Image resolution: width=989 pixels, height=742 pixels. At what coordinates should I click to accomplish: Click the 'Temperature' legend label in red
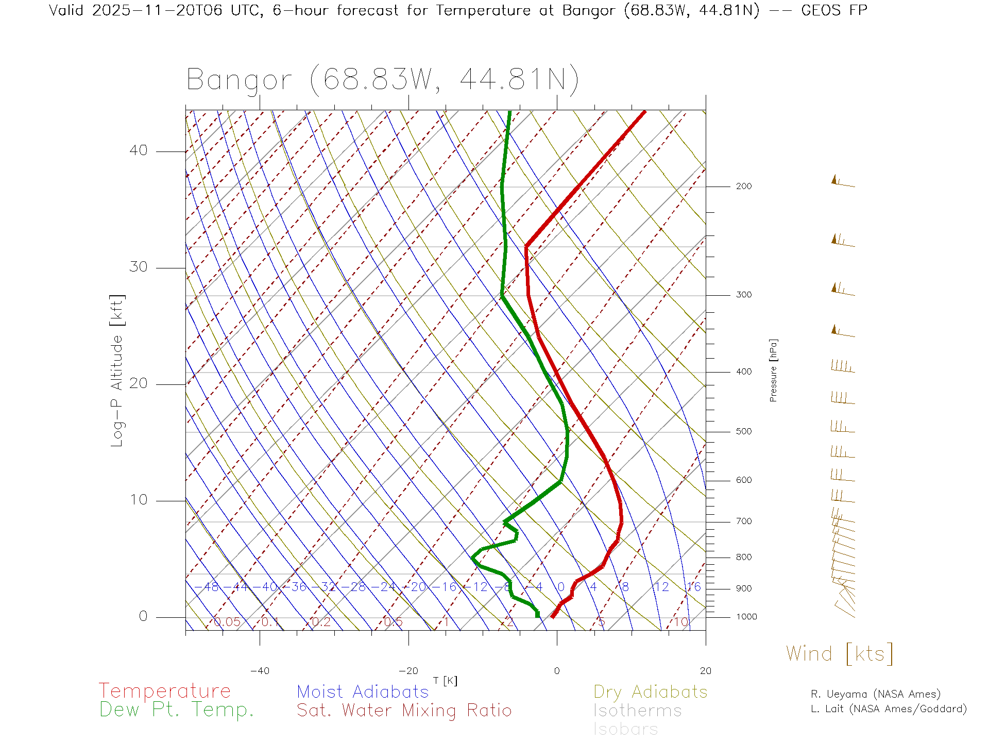coord(164,690)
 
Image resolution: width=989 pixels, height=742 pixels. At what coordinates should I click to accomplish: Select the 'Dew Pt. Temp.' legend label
coord(177,710)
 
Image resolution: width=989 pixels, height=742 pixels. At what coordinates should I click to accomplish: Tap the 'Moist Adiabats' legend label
coord(363,692)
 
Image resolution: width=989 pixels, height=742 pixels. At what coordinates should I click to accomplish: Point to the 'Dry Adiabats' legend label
coord(650,692)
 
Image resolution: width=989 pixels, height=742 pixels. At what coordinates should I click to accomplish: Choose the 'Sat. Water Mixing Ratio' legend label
coord(404,711)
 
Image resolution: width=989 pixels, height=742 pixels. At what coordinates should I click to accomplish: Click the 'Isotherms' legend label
coord(637,711)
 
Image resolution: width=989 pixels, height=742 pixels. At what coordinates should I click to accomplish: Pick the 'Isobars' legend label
coord(625,729)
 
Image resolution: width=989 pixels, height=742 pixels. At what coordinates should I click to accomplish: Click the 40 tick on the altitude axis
coord(138,150)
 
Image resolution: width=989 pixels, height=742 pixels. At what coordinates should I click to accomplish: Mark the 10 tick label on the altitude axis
coord(138,500)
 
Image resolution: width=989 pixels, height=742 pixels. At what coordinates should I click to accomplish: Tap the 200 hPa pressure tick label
coord(743,187)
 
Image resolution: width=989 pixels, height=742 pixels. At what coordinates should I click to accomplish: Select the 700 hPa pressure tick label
coord(743,521)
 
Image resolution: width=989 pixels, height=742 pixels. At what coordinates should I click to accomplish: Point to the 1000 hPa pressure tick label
coord(746,617)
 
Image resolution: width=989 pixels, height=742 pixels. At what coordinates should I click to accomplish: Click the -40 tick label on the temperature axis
coord(260,671)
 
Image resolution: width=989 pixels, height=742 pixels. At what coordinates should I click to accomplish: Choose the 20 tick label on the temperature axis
coord(705,671)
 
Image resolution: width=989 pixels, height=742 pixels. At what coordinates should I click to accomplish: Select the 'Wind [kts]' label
coord(839,654)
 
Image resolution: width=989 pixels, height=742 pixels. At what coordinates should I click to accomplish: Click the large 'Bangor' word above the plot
coord(239,80)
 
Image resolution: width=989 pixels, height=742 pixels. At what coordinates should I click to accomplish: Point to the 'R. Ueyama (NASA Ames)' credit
coord(875,694)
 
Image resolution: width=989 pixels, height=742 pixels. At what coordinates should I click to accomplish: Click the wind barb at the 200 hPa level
coord(843,182)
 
